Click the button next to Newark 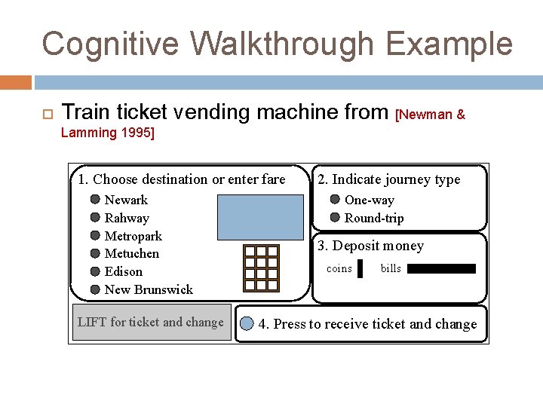pyautogui.click(x=95, y=200)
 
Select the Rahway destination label pyautogui.click(x=127, y=218)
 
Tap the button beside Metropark pyautogui.click(x=95, y=236)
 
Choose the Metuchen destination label pyautogui.click(x=132, y=253)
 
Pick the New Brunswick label pyautogui.click(x=149, y=289)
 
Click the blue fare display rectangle pyautogui.click(x=259, y=216)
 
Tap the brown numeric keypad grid pyautogui.click(x=261, y=268)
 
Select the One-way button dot pyautogui.click(x=335, y=200)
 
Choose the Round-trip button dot pyautogui.click(x=335, y=218)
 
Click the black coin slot pyautogui.click(x=360, y=269)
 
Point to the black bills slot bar pyautogui.click(x=441, y=268)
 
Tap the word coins pyautogui.click(x=339, y=269)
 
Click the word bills pyautogui.click(x=391, y=269)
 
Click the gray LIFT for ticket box pyautogui.click(x=152, y=323)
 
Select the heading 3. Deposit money pyautogui.click(x=370, y=246)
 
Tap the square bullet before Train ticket pyautogui.click(x=45, y=114)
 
